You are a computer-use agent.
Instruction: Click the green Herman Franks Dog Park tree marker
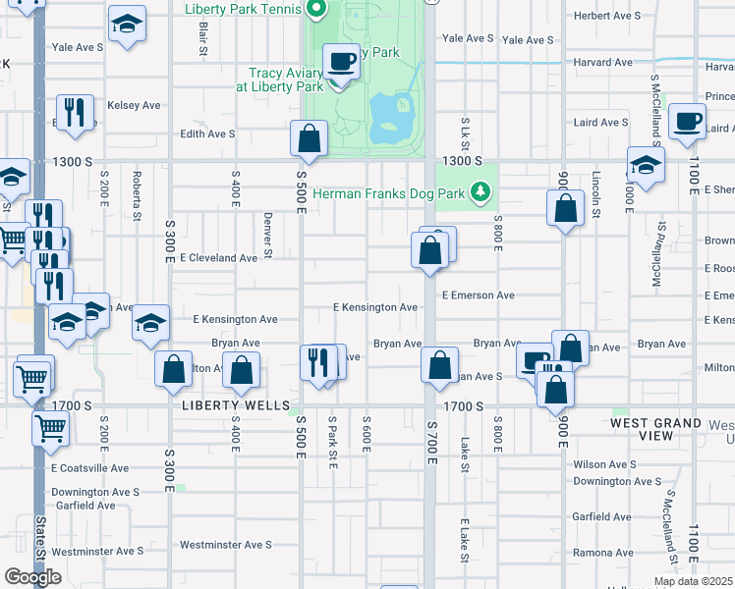(x=480, y=192)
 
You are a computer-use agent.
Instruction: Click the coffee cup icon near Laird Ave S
(x=687, y=122)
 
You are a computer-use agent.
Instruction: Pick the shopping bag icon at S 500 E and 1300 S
(x=309, y=137)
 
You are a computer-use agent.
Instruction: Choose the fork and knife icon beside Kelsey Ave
(x=74, y=113)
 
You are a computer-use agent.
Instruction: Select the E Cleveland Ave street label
(x=218, y=258)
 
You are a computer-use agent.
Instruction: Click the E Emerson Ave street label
(x=479, y=294)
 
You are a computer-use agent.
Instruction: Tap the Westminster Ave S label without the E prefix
(x=225, y=545)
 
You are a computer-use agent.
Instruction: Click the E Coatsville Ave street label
(x=90, y=469)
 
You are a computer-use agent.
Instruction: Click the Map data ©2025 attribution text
(x=693, y=581)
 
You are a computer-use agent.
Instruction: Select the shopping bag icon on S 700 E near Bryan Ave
(x=439, y=364)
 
